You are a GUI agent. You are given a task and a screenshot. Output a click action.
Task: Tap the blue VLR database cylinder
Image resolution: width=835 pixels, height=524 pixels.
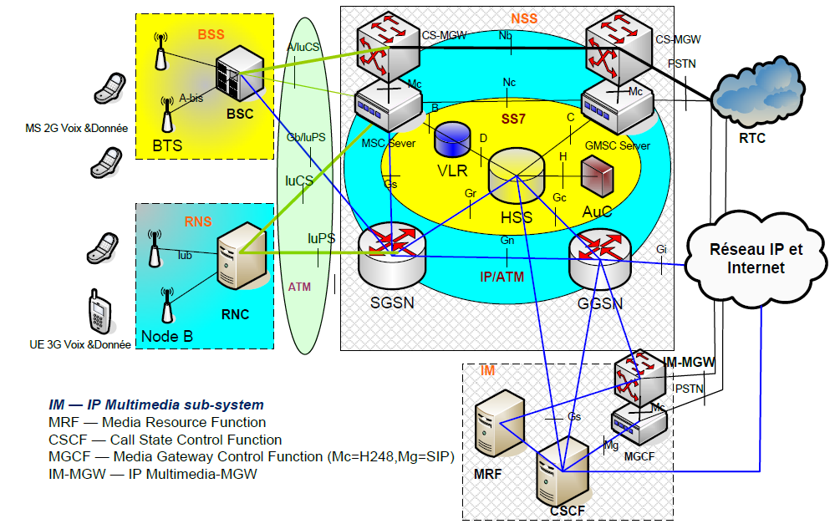pos(453,138)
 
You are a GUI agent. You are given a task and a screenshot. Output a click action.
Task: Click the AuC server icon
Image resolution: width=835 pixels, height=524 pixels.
pos(597,176)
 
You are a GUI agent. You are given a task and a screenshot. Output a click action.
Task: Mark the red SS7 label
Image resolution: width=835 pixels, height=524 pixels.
pos(512,120)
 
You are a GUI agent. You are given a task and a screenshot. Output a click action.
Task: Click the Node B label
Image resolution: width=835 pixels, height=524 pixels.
pos(166,337)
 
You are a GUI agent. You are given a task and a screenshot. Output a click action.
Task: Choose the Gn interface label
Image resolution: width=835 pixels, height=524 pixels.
pos(507,241)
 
